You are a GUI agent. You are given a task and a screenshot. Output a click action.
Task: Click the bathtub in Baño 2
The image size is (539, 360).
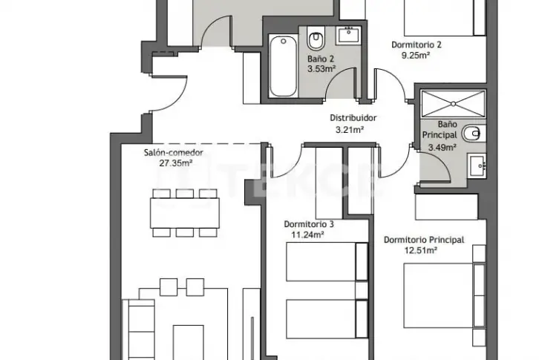pyautogui.click(x=284, y=65)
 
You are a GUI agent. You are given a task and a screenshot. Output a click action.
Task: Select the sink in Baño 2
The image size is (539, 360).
pyautogui.click(x=348, y=35)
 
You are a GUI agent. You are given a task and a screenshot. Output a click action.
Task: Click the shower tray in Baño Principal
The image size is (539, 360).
pyautogui.click(x=453, y=103)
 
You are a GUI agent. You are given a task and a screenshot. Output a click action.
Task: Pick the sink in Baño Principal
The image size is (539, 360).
pyautogui.click(x=477, y=166)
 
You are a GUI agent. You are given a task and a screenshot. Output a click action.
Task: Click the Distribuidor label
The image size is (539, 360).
pyautogui.click(x=353, y=118)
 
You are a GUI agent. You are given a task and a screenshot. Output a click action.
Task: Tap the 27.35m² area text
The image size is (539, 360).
pyautogui.click(x=175, y=163)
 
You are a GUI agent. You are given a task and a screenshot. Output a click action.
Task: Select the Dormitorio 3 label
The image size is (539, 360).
pyautogui.click(x=309, y=224)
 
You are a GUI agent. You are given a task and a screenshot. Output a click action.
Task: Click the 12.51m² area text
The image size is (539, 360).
pyautogui.click(x=420, y=250)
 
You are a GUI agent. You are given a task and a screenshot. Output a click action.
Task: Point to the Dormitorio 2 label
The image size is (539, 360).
pyautogui.click(x=416, y=45)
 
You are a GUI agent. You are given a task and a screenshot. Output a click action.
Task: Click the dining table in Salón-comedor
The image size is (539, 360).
pyautogui.click(x=185, y=213)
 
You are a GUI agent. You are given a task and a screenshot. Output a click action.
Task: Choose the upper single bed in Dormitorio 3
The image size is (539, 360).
pyautogui.click(x=327, y=262)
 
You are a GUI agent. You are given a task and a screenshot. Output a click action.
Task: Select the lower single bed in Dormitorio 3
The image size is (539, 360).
pyautogui.click(x=327, y=319)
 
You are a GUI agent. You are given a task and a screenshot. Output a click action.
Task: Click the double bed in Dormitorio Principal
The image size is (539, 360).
pyautogui.click(x=445, y=295)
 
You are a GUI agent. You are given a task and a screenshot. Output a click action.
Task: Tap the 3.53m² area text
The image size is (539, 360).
pyautogui.click(x=321, y=69)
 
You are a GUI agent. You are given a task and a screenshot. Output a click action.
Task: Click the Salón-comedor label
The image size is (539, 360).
pyautogui.click(x=173, y=152)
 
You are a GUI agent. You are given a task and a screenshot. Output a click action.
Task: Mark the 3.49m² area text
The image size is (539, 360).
pyautogui.click(x=442, y=148)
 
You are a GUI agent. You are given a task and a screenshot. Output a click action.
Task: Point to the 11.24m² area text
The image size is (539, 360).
pyautogui.click(x=307, y=235)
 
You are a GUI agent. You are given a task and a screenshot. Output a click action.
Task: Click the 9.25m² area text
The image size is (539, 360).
pyautogui.click(x=416, y=55)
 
